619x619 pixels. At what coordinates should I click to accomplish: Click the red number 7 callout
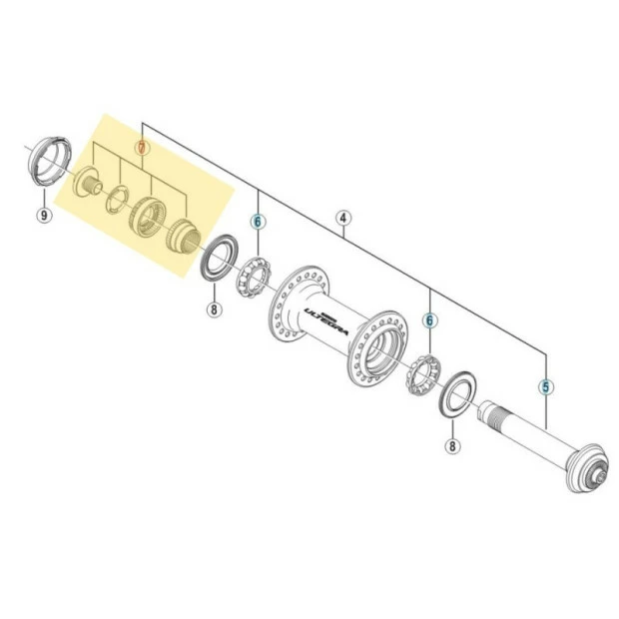coord(143,147)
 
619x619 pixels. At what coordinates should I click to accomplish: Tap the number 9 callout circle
coord(43,215)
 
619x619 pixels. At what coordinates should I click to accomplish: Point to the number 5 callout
coord(545,385)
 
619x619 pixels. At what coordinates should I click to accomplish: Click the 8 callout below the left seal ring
coord(213,309)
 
